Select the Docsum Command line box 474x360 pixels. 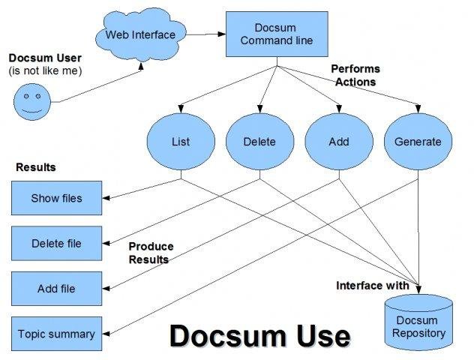[x=268, y=34]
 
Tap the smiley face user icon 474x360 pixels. [x=31, y=100]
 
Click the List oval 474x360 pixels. [x=181, y=142]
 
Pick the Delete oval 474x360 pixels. [x=259, y=142]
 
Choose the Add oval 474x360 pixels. [x=339, y=142]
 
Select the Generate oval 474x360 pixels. [x=418, y=142]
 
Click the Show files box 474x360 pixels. [x=56, y=199]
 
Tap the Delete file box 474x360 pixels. [x=56, y=244]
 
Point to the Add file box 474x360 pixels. [x=56, y=289]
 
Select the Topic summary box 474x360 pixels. [x=56, y=334]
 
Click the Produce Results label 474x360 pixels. [x=150, y=253]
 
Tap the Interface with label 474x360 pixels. [x=372, y=286]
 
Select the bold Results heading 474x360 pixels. [x=36, y=167]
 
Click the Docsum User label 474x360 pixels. [x=45, y=58]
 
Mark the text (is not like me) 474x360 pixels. [x=45, y=70]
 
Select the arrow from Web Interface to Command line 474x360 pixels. [x=202, y=34]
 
